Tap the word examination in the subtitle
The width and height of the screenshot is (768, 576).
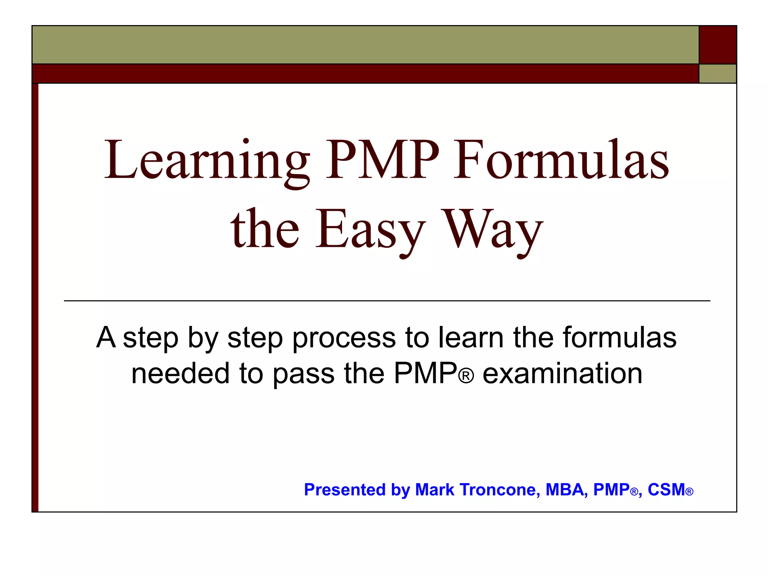click(562, 373)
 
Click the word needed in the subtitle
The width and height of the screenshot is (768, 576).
click(180, 373)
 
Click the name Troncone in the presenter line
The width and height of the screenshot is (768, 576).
click(500, 490)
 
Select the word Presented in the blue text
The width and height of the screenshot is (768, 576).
click(345, 490)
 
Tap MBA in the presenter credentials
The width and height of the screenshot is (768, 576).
click(567, 490)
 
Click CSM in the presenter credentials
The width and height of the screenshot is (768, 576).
click(666, 490)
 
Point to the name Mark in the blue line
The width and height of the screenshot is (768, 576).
click(435, 490)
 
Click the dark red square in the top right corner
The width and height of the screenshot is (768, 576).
click(718, 45)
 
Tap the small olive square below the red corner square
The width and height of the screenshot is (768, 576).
click(718, 73)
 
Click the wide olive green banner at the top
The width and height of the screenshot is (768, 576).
click(365, 45)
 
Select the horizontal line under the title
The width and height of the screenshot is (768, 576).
click(387, 301)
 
